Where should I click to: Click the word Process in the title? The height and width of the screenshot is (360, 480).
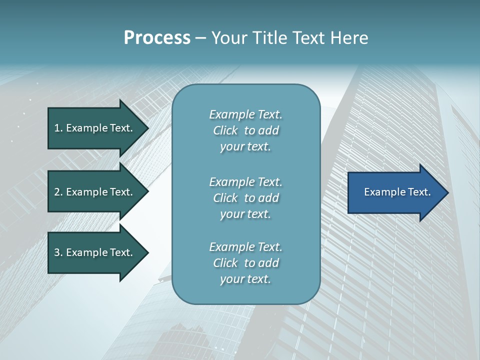(157, 38)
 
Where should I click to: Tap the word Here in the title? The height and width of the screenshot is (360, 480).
(349, 38)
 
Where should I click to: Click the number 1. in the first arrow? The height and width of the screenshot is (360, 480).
(58, 128)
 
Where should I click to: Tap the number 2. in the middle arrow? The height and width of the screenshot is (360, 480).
(58, 192)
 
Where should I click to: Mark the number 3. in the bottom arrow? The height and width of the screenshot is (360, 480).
(58, 252)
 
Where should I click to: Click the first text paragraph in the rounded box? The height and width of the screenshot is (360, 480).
(245, 130)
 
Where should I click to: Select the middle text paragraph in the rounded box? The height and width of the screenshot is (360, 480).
(245, 198)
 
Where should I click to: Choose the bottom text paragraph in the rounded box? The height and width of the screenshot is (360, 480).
(245, 263)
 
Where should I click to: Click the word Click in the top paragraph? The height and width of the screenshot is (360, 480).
(225, 130)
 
